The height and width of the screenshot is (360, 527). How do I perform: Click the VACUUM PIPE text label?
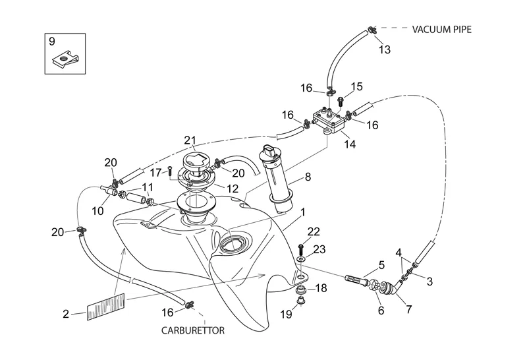click(443, 29)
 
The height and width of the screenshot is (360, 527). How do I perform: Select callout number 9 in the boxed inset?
click(52, 42)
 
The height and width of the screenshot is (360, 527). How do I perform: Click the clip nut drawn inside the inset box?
click(65, 62)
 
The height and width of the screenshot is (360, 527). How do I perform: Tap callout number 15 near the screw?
click(356, 86)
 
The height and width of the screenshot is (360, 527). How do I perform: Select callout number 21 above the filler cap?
click(190, 140)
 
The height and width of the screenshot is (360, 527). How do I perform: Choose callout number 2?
click(66, 314)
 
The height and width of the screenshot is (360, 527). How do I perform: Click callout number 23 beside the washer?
click(319, 249)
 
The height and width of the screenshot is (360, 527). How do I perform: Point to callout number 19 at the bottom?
click(287, 315)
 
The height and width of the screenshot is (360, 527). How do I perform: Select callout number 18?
click(321, 288)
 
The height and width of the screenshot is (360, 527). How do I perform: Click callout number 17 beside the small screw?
click(155, 173)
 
